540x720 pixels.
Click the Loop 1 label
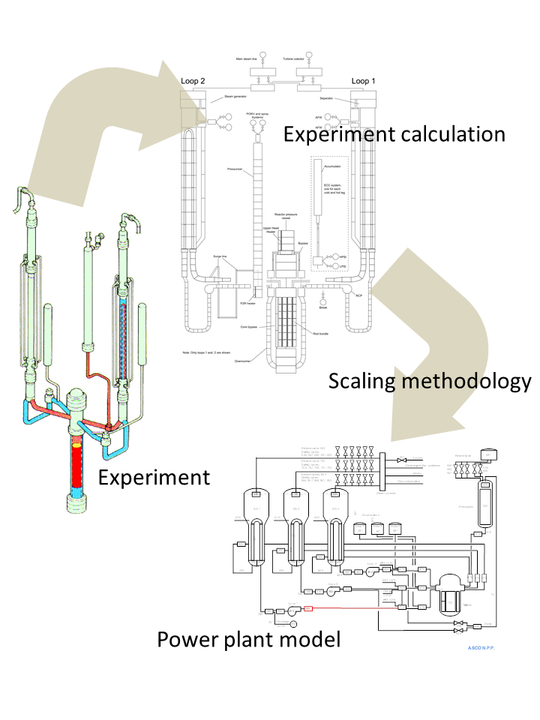tap(364, 80)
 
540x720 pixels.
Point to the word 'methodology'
tap(472, 382)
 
